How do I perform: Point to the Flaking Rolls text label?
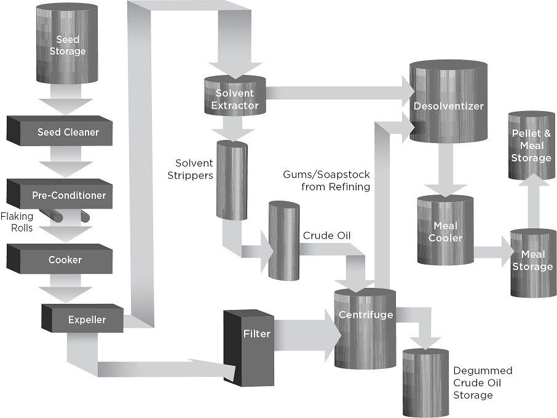[17, 222]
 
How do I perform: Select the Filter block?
[249, 344]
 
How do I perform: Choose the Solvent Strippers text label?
[194, 169]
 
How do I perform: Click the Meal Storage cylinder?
[532, 263]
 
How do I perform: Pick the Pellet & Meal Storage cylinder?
[531, 145]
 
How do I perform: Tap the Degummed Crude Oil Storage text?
[482, 383]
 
